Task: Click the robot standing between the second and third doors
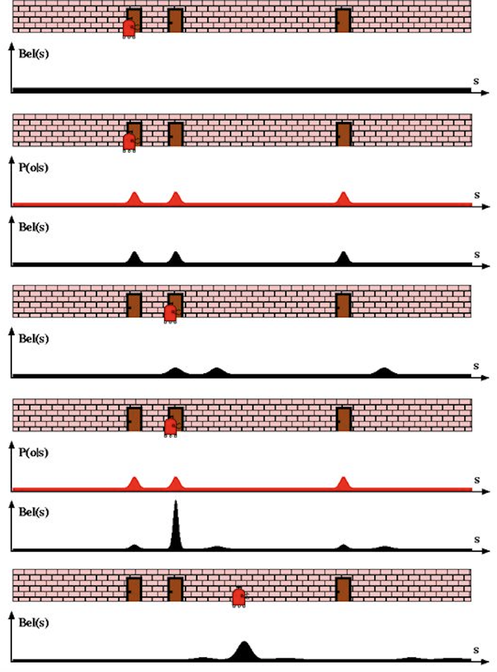[239, 597]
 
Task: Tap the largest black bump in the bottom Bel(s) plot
[244, 651]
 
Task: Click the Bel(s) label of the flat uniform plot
[34, 53]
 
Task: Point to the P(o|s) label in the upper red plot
[34, 168]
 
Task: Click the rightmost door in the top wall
[344, 20]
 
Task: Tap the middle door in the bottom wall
[176, 589]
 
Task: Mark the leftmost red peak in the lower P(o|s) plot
[135, 484]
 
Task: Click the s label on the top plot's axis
[476, 81]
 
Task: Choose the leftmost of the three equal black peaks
[134, 258]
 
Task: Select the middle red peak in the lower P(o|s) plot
[176, 484]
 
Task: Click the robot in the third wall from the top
[170, 314]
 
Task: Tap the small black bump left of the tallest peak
[134, 547]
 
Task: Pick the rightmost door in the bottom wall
[344, 589]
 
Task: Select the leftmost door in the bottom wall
[134, 589]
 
